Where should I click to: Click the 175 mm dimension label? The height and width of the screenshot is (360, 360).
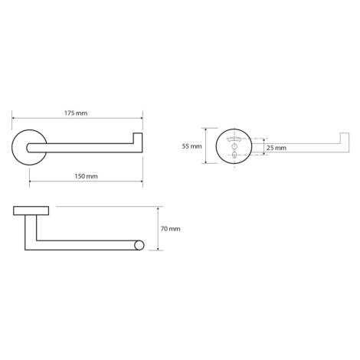point(76,113)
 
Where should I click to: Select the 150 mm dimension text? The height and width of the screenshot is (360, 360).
point(86,176)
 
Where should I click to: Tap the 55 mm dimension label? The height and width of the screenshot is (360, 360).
point(191,146)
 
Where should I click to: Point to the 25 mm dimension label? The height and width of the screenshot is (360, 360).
point(277,148)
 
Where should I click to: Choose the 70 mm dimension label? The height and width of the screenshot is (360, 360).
point(170,229)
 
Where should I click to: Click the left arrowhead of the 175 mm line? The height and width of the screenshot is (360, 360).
point(14,118)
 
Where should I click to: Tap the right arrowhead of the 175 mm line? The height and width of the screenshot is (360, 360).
point(141,118)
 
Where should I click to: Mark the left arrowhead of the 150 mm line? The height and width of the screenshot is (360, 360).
point(31,182)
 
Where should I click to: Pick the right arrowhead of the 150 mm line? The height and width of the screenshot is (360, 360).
point(141,182)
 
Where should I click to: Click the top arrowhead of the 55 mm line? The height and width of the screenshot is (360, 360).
point(205,130)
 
